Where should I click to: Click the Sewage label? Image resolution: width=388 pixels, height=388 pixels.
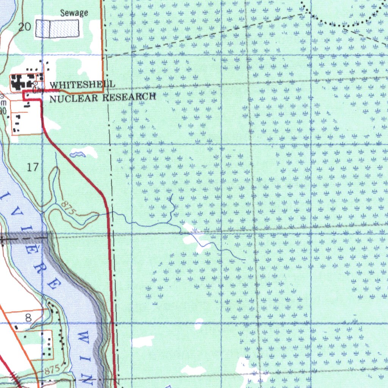[74, 13]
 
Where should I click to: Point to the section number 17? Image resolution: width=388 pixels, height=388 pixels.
[33, 167]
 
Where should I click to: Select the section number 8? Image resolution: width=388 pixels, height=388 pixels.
[28, 318]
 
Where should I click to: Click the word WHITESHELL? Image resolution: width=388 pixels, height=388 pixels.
[77, 85]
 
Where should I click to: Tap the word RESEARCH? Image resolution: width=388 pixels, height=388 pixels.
[129, 97]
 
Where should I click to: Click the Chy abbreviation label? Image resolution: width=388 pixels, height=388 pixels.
[37, 91]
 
